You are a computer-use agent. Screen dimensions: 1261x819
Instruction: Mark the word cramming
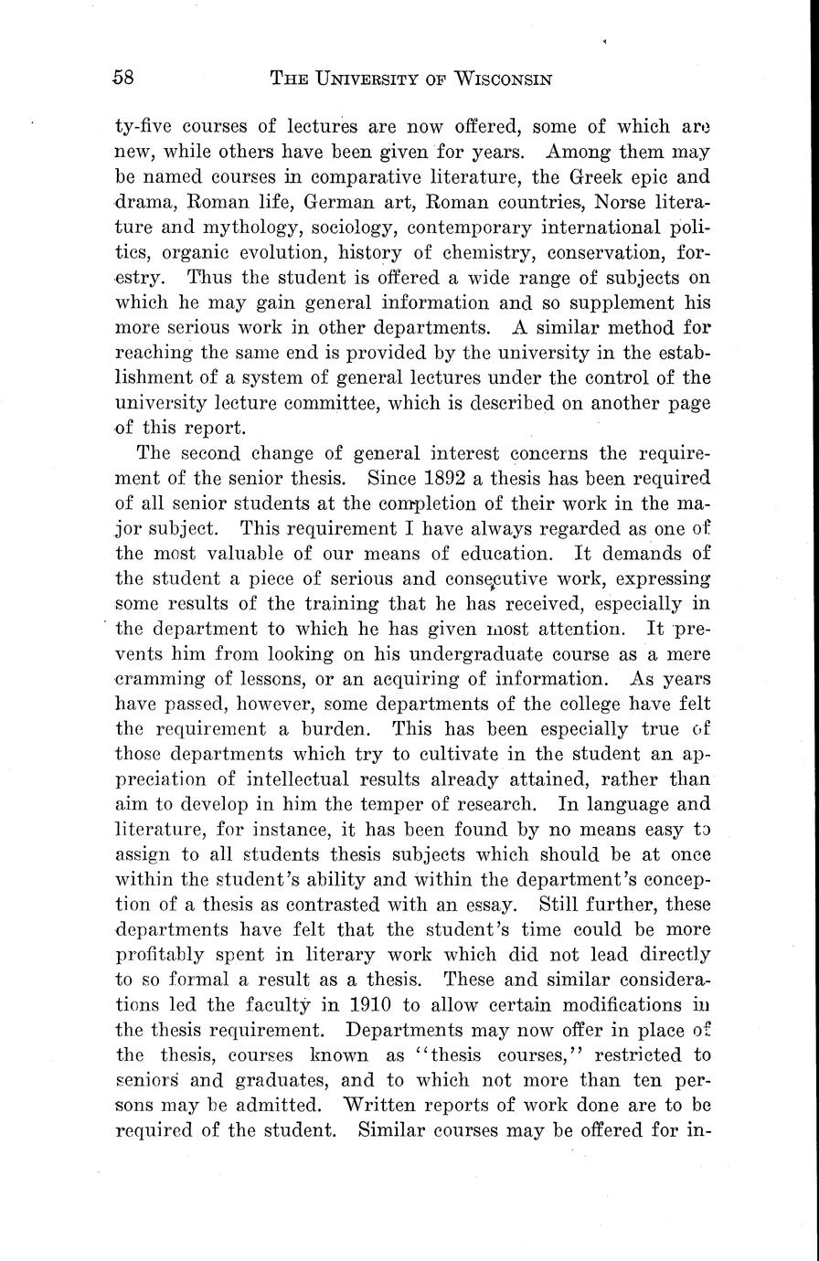tap(164, 679)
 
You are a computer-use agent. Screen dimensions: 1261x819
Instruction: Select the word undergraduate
tap(473, 653)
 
